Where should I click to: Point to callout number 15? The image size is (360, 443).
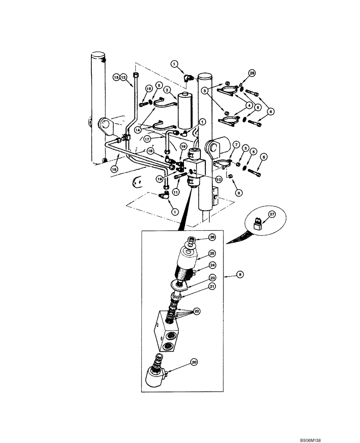(149, 89)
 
